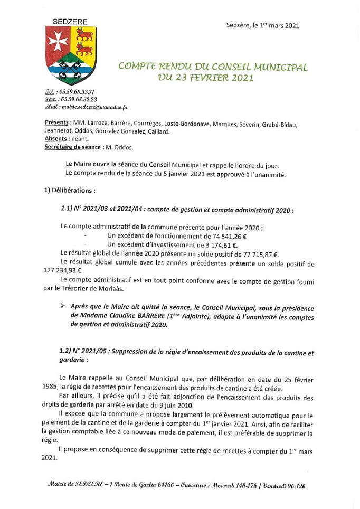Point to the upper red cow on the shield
coord(84,35)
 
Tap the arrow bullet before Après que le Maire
coord(63,307)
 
